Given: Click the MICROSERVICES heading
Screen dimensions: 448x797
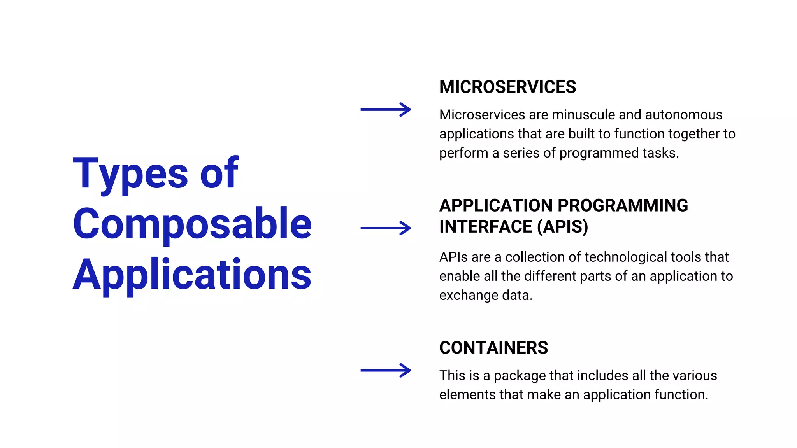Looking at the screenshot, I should pyautogui.click(x=507, y=87).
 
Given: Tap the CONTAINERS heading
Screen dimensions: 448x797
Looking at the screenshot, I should pyautogui.click(x=493, y=348).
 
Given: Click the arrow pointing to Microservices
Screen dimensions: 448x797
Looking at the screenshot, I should pyautogui.click(x=385, y=110).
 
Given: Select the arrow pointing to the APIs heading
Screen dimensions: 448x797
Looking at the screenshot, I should pyautogui.click(x=385, y=228).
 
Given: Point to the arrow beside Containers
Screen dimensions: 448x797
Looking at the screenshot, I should pyautogui.click(x=385, y=370).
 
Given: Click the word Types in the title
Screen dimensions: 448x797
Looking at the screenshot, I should pyautogui.click(x=131, y=173).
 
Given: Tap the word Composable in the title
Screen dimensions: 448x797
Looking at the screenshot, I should pyautogui.click(x=192, y=224).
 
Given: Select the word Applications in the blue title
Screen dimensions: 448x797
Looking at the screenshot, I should pyautogui.click(x=192, y=275).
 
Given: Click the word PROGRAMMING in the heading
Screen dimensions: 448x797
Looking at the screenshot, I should pyautogui.click(x=623, y=205).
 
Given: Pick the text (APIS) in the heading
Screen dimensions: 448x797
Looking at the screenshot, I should pyautogui.click(x=562, y=227).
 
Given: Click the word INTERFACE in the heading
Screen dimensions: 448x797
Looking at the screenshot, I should pyautogui.click(x=486, y=227).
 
